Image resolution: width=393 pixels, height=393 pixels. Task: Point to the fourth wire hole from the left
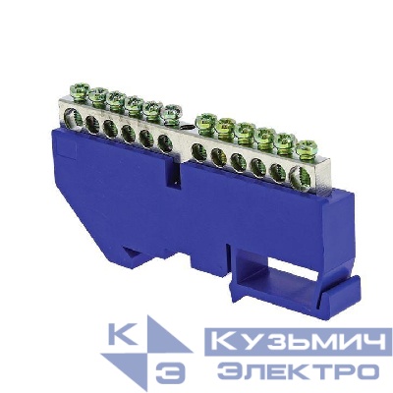129,131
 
